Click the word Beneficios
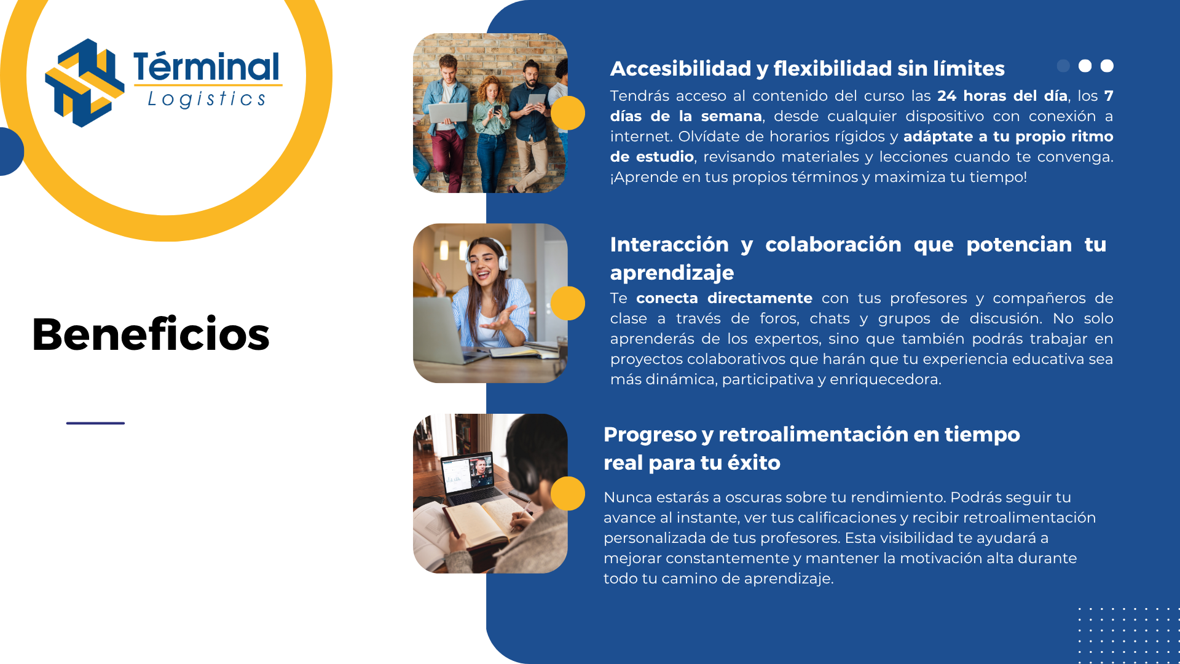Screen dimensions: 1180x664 pyautogui.click(x=151, y=334)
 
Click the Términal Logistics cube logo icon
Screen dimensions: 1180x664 pyautogui.click(x=85, y=82)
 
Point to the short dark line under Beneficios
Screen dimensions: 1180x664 pyautogui.click(x=95, y=423)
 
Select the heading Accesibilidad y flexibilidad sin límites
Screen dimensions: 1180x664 pyautogui.click(x=807, y=68)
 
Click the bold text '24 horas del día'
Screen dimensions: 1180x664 pyautogui.click(x=1002, y=96)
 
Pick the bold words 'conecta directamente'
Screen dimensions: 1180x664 pyautogui.click(x=724, y=298)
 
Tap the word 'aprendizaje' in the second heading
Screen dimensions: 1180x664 pyautogui.click(x=672, y=272)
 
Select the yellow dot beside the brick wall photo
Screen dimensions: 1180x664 pyautogui.click(x=568, y=113)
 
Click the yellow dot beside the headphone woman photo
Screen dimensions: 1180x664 pyautogui.click(x=568, y=303)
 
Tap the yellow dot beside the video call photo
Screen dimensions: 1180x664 pyautogui.click(x=568, y=494)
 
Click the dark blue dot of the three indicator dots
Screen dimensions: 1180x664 pyautogui.click(x=1063, y=66)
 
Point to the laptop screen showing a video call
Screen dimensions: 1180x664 pyautogui.click(x=468, y=473)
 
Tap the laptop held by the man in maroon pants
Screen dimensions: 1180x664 pyautogui.click(x=447, y=113)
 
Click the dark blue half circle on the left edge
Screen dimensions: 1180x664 pyautogui.click(x=12, y=151)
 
